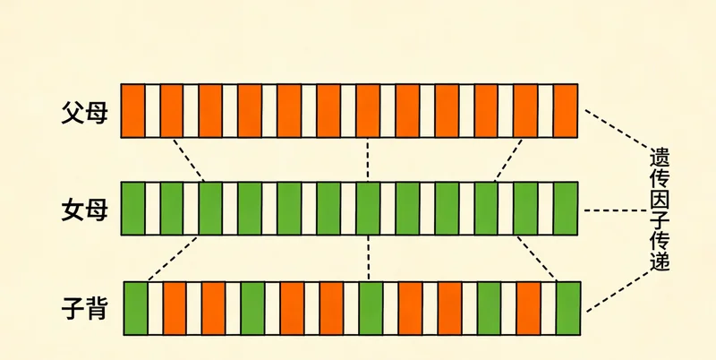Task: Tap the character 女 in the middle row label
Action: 72,210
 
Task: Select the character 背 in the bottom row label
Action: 97,308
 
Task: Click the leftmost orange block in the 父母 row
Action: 132,110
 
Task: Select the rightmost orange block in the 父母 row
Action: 566,110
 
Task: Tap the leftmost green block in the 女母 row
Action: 132,209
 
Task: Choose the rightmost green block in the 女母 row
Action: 566,209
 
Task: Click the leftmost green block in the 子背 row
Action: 136,308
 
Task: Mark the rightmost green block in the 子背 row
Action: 568,308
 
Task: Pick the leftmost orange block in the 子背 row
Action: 175,308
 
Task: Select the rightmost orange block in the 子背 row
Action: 529,308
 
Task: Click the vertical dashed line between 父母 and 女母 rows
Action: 368,159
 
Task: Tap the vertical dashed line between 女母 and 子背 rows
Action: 368,258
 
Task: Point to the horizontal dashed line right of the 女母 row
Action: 615,210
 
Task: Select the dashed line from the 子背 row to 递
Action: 618,291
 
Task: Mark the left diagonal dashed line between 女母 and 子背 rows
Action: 173,258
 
